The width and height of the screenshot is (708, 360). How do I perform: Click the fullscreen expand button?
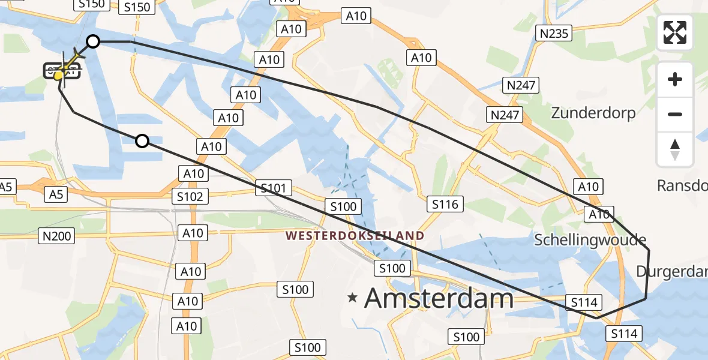coord(675,32)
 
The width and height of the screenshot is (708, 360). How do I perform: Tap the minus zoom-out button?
coord(675,114)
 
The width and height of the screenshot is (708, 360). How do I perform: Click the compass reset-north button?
coord(675,149)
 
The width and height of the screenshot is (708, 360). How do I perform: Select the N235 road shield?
coord(554,34)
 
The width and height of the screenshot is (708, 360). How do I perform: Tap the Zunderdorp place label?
coord(593,112)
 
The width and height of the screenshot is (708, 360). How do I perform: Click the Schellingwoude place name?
coord(590,240)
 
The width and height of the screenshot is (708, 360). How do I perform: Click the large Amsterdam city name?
coord(439,298)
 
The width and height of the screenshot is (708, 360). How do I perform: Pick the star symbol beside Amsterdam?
coord(353,297)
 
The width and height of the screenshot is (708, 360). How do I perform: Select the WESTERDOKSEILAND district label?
coord(355,236)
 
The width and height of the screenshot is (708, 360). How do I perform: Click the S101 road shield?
coord(274,188)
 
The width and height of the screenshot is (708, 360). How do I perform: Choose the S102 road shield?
coord(191,196)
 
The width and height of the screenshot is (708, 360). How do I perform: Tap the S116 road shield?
coord(445,205)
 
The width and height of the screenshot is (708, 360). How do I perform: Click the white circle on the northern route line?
coord(93,41)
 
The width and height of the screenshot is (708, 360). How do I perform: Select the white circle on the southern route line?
coord(142,141)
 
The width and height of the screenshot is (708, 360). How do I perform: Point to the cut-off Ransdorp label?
coord(683,185)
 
